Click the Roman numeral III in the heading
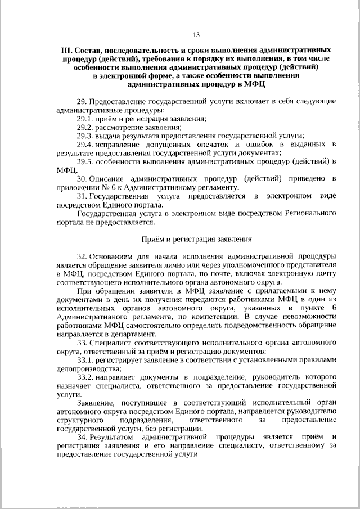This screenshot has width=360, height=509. tap(65, 49)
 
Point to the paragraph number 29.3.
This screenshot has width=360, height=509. tap(85, 136)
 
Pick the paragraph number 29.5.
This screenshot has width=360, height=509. tap(85, 161)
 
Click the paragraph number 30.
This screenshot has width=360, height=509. tap(80, 179)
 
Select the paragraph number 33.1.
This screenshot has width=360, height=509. tap(85, 359)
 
